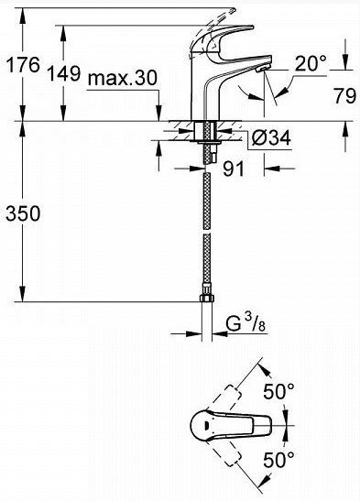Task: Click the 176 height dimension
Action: (23, 64)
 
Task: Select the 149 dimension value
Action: (64, 73)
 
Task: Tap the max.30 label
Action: (123, 78)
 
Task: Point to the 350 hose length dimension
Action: (23, 213)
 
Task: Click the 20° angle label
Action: (311, 63)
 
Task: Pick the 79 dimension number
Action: (345, 95)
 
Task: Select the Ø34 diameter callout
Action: (271, 138)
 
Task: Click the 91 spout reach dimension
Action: (234, 169)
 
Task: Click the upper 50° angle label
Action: (278, 391)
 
